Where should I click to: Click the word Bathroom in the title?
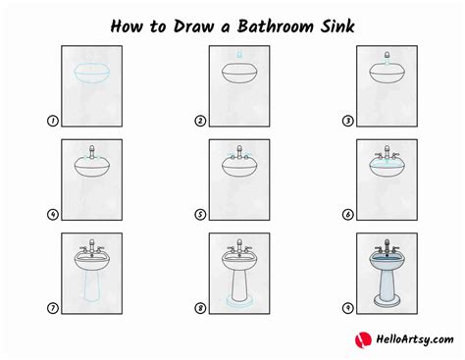pos(276,26)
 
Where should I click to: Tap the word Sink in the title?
pos(337,26)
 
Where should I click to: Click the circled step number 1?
pos(53,121)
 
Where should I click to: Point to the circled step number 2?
pos(200,121)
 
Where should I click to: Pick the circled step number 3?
pos(347,121)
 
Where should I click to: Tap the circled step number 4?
pos(53,215)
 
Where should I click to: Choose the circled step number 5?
pos(200,215)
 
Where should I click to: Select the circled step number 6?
pos(347,215)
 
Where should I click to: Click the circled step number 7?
pos(53,308)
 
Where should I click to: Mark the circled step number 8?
pos(200,308)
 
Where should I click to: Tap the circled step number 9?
pos(347,308)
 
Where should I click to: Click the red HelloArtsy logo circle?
pos(363,340)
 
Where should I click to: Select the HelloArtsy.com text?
pos(415,339)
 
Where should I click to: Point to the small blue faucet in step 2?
pos(239,54)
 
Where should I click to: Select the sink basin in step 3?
pos(387,74)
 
